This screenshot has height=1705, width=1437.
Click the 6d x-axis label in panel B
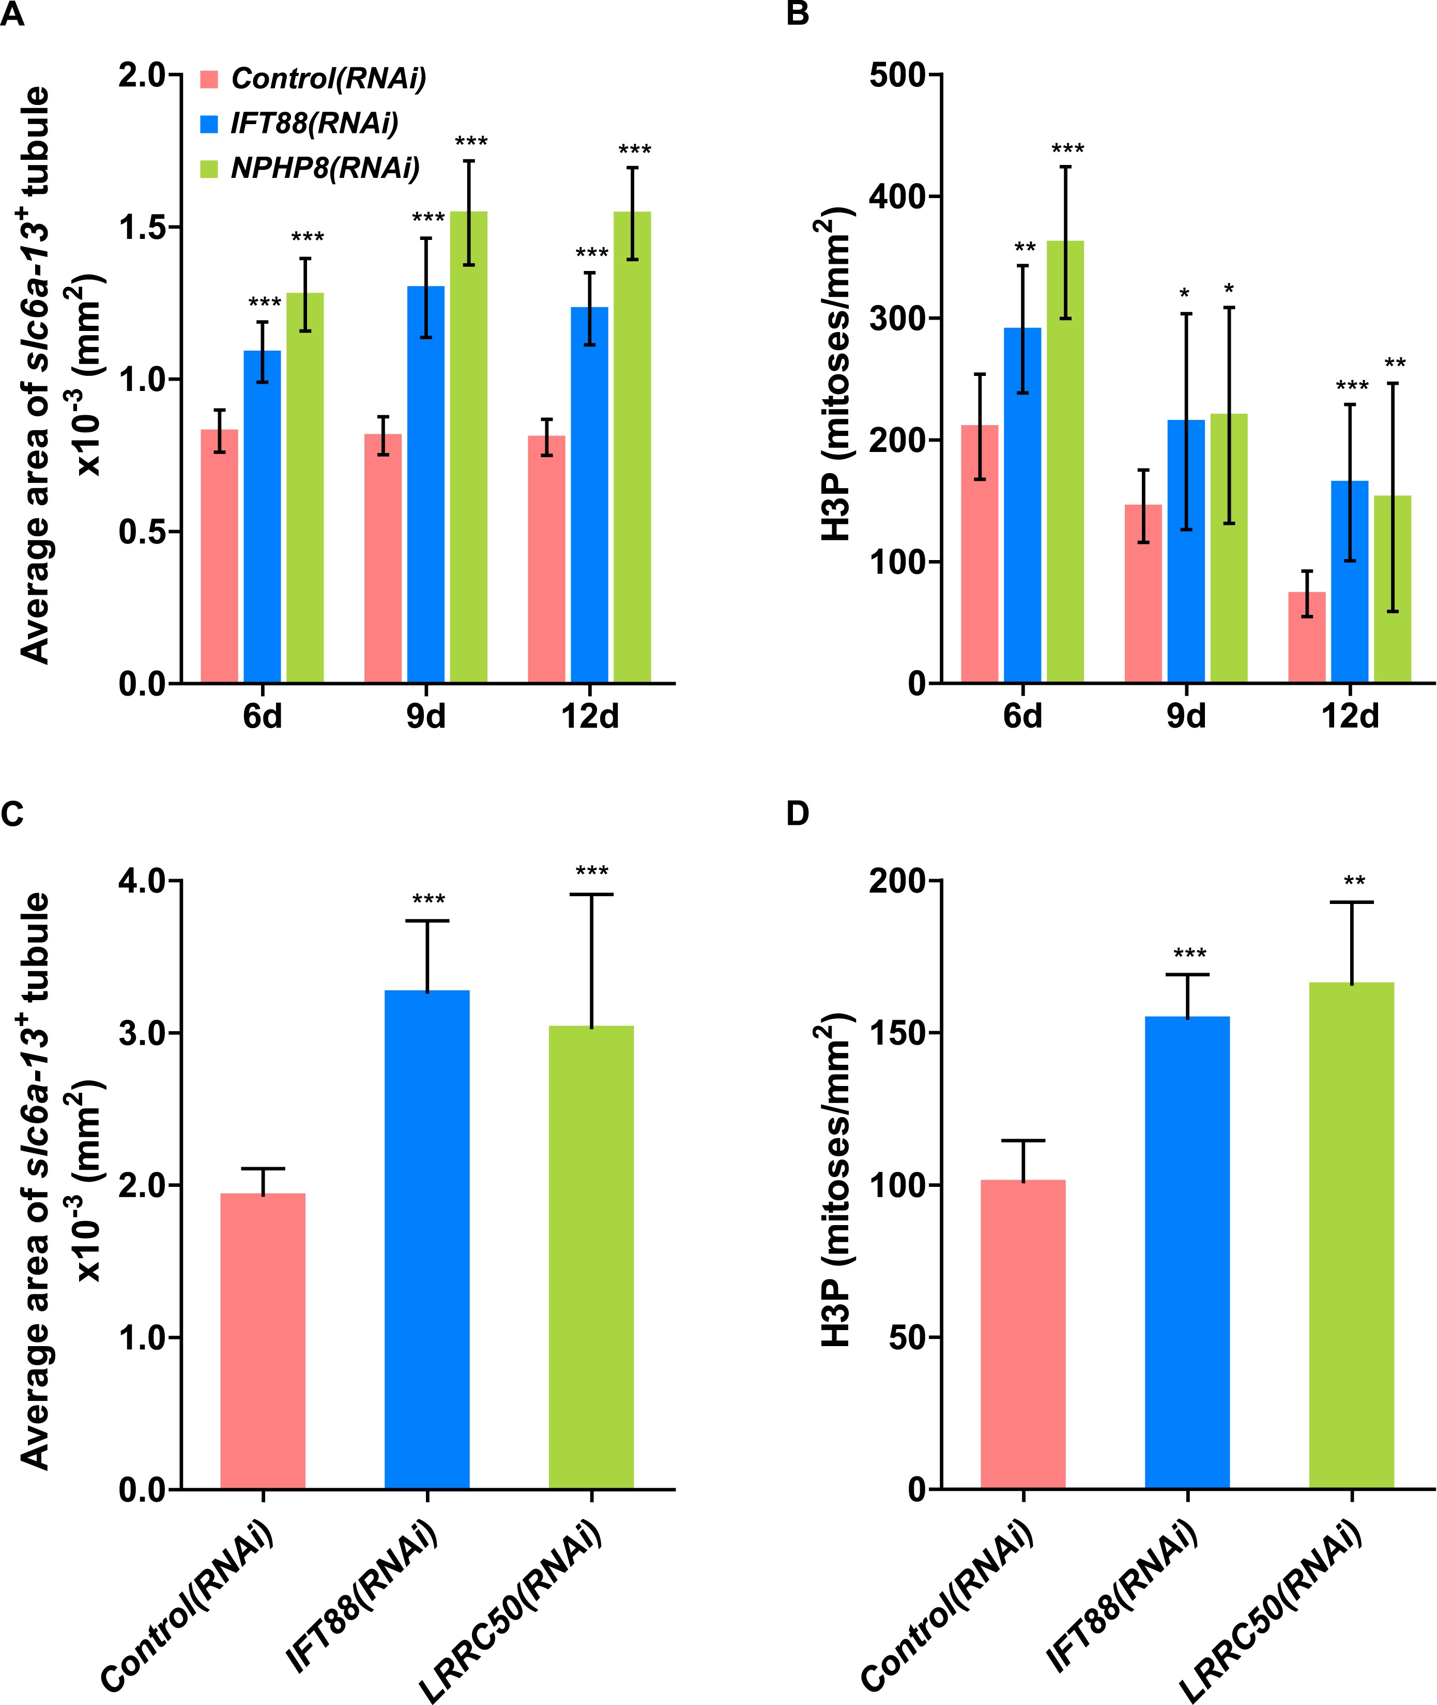tap(1022, 716)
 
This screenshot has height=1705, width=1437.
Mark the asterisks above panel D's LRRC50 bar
tap(1354, 881)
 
